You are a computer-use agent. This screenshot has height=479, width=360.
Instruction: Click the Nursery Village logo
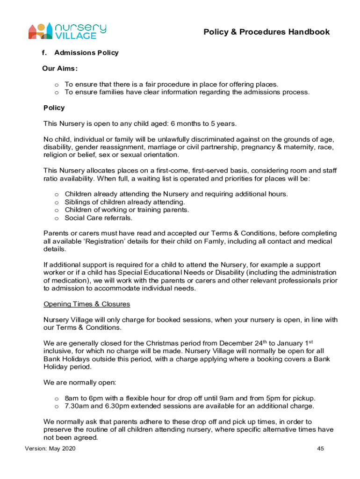tap(67, 32)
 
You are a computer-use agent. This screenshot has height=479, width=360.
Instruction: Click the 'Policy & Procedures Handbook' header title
tap(266, 32)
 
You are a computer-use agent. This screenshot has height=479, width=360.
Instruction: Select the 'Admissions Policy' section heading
tap(86, 53)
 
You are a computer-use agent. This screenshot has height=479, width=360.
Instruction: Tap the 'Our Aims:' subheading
tap(60, 68)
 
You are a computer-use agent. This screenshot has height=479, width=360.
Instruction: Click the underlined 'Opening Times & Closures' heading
tap(86, 304)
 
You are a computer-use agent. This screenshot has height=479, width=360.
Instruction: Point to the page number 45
tap(320, 449)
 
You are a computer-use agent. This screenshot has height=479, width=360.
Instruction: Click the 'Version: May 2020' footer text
tap(50, 449)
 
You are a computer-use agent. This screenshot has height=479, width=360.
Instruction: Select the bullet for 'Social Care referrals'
tap(57, 218)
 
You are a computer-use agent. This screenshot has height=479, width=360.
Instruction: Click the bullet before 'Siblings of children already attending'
tap(57, 202)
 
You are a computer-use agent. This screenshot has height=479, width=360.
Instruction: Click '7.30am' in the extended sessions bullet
tap(76, 406)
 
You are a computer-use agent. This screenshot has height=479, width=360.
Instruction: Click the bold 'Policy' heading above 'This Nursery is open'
tap(54, 108)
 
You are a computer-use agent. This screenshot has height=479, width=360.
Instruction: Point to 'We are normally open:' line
tap(79, 382)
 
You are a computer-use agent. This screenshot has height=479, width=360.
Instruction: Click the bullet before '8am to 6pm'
tap(57, 399)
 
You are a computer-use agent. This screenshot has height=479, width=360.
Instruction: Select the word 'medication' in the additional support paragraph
tap(69, 281)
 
